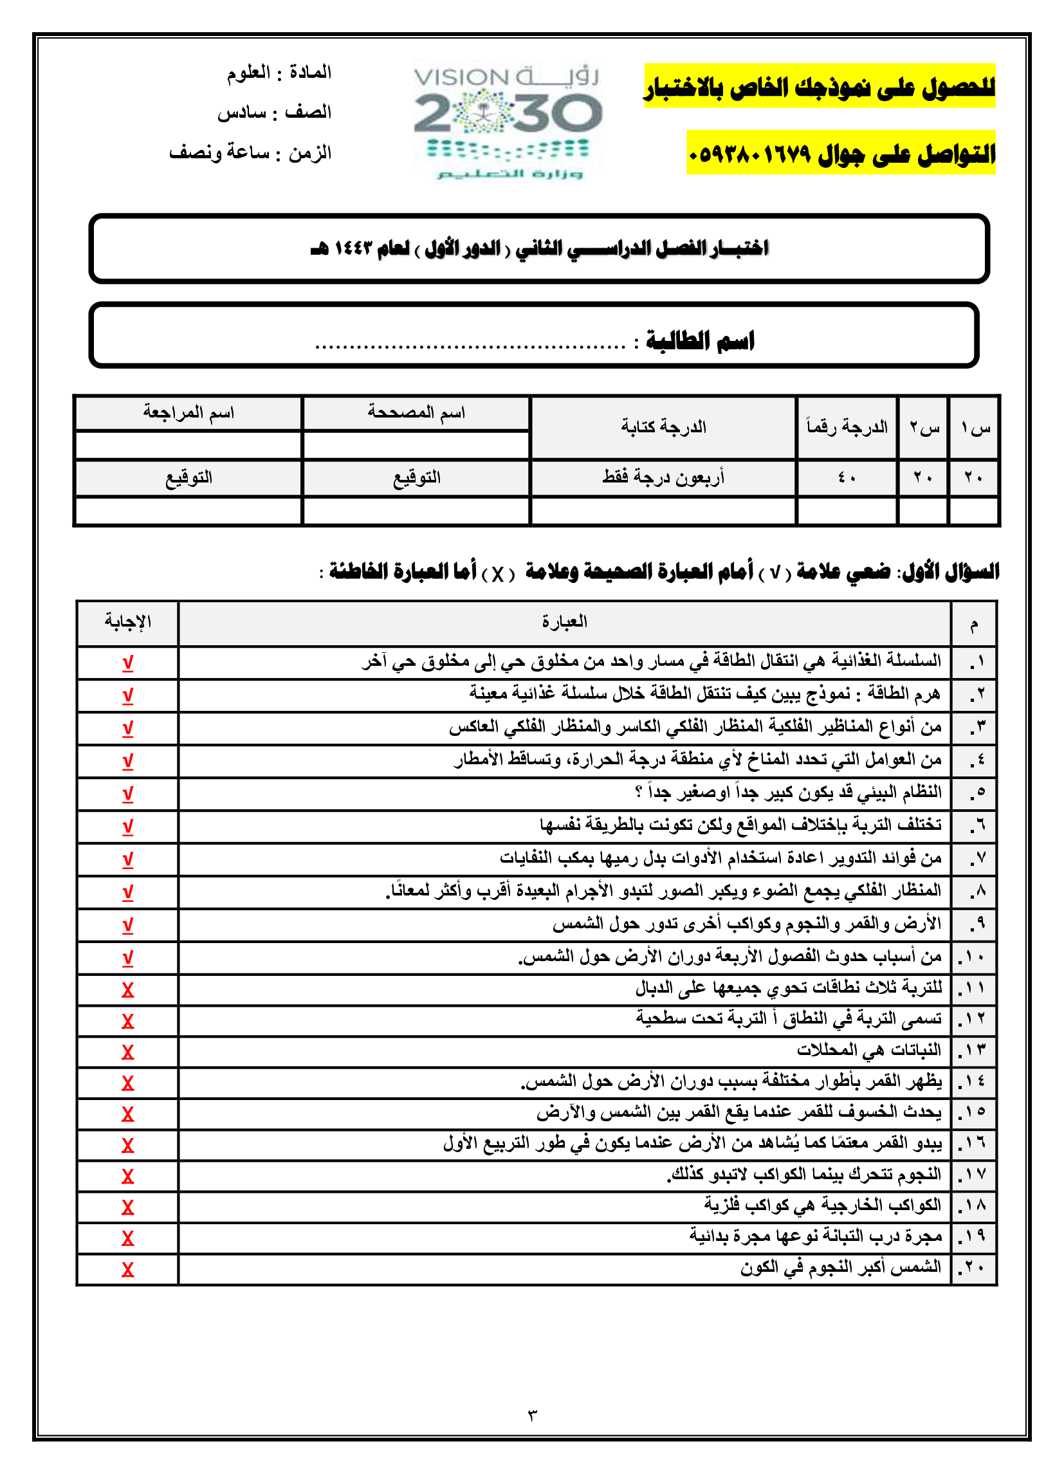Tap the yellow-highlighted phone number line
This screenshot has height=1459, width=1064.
pyautogui.click(x=841, y=153)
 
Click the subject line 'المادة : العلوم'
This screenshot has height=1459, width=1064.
pyautogui.click(x=279, y=72)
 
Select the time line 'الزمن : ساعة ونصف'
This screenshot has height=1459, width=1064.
pyautogui.click(x=250, y=152)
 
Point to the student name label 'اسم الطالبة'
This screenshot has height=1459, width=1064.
pyautogui.click(x=700, y=340)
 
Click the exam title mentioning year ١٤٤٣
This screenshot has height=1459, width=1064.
pyautogui.click(x=539, y=248)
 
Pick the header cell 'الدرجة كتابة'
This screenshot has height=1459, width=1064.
pyautogui.click(x=663, y=427)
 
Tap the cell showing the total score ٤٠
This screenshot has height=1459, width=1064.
pyautogui.click(x=847, y=477)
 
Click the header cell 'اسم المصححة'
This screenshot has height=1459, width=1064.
pyautogui.click(x=416, y=412)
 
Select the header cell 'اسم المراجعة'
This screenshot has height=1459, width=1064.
pyautogui.click(x=188, y=412)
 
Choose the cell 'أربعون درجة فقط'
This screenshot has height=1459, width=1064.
pyautogui.click(x=663, y=477)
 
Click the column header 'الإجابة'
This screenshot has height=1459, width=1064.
pyautogui.click(x=127, y=621)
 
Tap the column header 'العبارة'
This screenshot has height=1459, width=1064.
pyautogui.click(x=564, y=621)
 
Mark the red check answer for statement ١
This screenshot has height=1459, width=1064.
pyautogui.click(x=127, y=662)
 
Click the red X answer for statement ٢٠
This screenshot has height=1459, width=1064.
pyautogui.click(x=127, y=1269)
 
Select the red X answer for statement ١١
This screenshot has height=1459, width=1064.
pyautogui.click(x=127, y=990)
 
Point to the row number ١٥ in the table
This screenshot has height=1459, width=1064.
pyautogui.click(x=974, y=1112)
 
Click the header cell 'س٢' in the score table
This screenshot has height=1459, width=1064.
pyautogui.click(x=924, y=427)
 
